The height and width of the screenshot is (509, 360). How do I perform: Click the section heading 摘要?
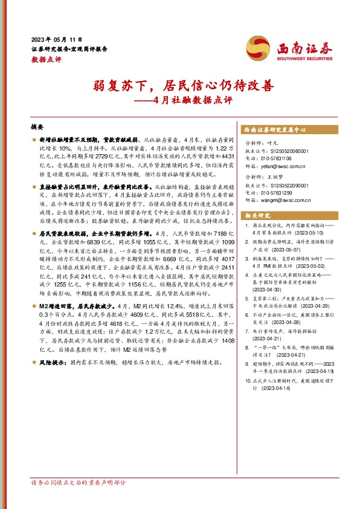[37, 128]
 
